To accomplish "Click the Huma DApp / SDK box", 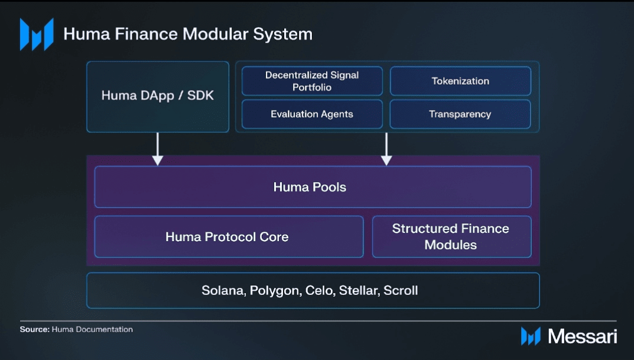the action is [158, 97].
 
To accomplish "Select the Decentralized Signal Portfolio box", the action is [312, 81].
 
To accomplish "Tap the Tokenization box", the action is [460, 81].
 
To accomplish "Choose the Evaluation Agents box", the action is [312, 114].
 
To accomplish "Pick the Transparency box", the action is [460, 114].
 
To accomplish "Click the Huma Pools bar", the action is [313, 187].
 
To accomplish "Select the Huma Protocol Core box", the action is [229, 236].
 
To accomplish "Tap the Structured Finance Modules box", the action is [451, 236].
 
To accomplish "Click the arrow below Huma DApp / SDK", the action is [158, 149].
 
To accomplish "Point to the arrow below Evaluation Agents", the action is [386, 149].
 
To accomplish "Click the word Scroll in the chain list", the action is [401, 290].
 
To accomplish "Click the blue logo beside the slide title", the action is [37, 34].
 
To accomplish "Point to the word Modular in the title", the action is [216, 34].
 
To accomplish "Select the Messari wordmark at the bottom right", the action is [582, 336].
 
